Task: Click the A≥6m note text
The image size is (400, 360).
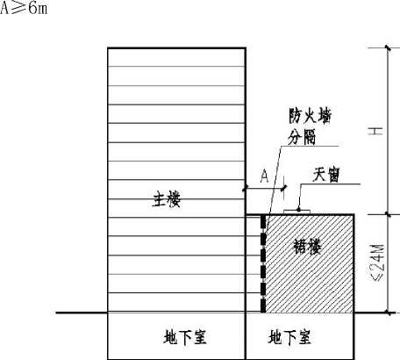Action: [x=24, y=8]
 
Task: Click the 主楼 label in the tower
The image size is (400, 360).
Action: [x=167, y=199]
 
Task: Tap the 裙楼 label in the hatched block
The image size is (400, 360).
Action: [x=307, y=246]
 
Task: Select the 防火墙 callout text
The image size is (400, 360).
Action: [x=311, y=116]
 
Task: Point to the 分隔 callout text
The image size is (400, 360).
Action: [x=302, y=137]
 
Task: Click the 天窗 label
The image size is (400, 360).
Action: [x=326, y=175]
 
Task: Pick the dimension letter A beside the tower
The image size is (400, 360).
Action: [x=264, y=176]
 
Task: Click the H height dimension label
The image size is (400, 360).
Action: [x=375, y=131]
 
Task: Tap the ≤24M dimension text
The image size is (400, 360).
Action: [x=378, y=263]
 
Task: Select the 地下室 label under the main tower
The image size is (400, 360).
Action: [x=185, y=336]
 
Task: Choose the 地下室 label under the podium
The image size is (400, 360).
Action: [x=289, y=336]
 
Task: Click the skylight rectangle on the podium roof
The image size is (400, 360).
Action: [x=296, y=212]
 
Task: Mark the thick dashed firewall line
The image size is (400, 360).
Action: [x=263, y=263]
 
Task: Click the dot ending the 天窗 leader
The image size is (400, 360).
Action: [x=298, y=209]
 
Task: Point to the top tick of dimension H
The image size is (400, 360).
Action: [x=388, y=47]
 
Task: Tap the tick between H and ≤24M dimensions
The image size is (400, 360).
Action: [x=388, y=214]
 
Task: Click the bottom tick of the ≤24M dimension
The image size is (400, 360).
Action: [x=388, y=313]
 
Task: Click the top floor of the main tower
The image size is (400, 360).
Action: [x=176, y=57]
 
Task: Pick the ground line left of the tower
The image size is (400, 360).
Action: [x=82, y=313]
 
